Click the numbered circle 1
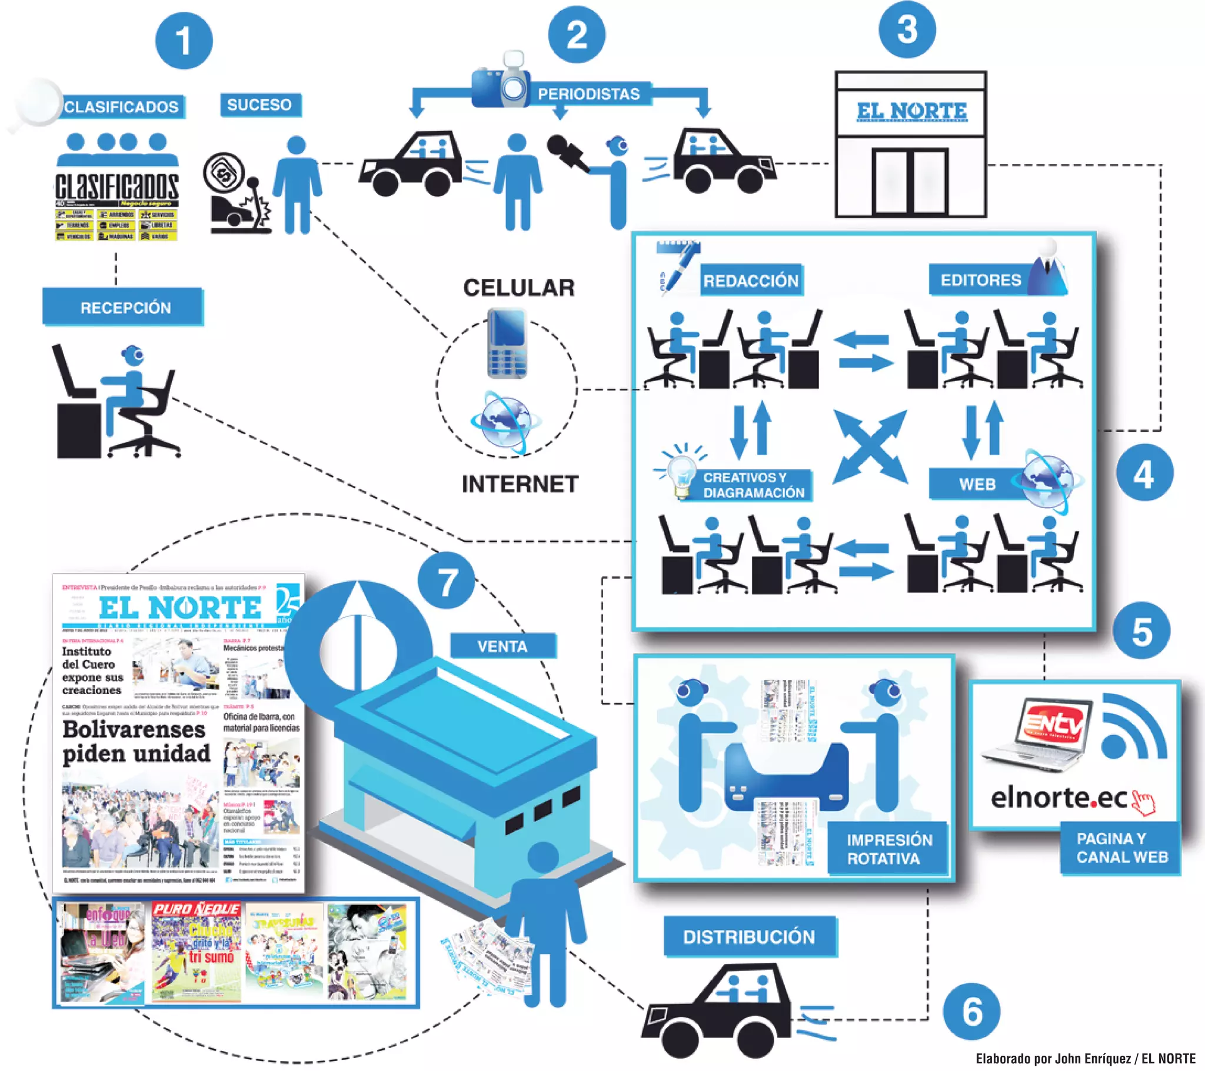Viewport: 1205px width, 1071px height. click(184, 41)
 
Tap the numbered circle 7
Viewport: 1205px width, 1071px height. click(446, 580)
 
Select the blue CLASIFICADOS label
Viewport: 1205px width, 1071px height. click(121, 106)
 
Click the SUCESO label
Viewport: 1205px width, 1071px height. click(260, 105)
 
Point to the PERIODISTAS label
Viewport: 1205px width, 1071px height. click(589, 94)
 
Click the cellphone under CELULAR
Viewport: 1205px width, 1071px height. click(507, 343)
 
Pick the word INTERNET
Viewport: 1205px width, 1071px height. click(520, 484)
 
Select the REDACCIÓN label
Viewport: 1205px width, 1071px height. click(751, 281)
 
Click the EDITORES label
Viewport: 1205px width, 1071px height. click(980, 280)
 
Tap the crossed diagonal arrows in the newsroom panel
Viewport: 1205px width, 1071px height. click(870, 447)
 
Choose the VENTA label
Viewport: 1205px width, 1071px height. click(503, 646)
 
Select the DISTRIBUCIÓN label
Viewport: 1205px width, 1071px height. click(748, 936)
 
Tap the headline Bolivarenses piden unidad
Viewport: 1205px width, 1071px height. click(136, 742)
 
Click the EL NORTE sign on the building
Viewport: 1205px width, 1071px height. click(911, 111)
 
